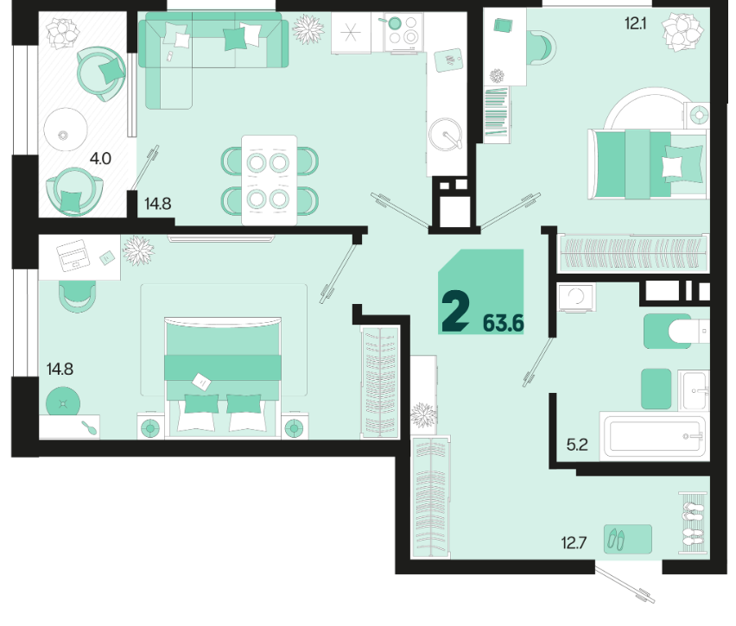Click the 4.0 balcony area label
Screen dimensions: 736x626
point(100,159)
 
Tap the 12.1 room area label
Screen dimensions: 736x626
point(635,23)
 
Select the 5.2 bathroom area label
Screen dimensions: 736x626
point(577,445)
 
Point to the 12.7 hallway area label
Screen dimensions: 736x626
point(574,543)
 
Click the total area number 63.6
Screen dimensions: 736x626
point(503,323)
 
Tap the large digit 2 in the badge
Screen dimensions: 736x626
point(455,311)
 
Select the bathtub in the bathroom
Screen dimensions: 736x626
point(655,436)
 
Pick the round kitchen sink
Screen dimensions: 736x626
point(445,134)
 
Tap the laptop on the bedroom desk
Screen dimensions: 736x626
point(73,256)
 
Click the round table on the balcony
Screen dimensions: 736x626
point(66,130)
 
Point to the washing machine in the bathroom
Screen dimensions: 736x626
point(576,297)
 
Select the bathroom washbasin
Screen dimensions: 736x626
point(694,390)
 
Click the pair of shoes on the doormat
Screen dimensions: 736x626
point(616,538)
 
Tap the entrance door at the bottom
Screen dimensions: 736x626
point(625,584)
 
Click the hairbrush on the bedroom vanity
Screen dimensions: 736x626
point(89,427)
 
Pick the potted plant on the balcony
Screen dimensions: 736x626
point(62,33)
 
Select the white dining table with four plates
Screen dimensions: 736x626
point(269,180)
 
